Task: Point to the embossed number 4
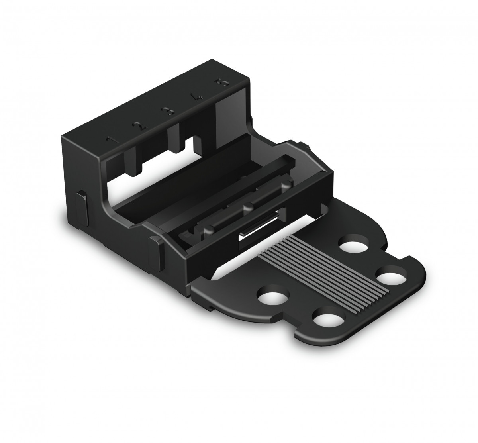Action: click(196, 97)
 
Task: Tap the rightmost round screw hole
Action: click(390, 276)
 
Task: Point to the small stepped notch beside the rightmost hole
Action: click(408, 258)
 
